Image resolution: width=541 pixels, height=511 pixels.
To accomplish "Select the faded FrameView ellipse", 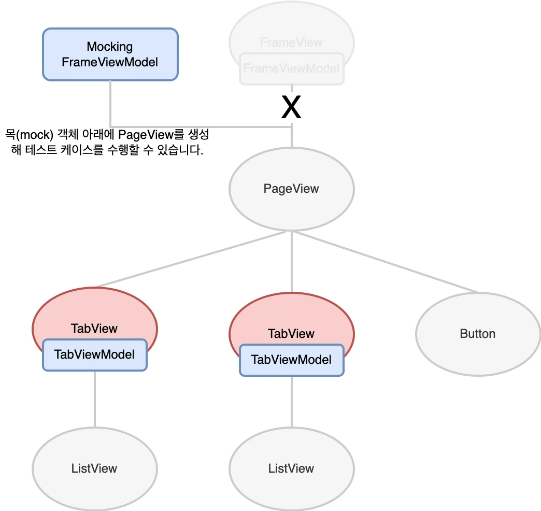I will [291, 31].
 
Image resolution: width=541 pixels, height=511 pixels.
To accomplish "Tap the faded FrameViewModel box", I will [291, 69].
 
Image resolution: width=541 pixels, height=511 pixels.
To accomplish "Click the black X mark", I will [291, 107].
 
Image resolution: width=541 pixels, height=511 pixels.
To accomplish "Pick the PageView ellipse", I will [291, 188].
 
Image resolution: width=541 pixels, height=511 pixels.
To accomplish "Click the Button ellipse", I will [478, 334].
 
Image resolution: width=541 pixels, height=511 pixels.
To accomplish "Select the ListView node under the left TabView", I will [94, 469].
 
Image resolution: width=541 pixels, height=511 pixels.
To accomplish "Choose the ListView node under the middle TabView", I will [291, 469].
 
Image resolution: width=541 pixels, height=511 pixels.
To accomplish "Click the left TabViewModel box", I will [94, 355].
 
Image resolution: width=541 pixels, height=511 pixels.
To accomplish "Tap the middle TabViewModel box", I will [291, 360].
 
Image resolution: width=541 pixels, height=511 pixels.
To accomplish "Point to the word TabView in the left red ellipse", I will [94, 329].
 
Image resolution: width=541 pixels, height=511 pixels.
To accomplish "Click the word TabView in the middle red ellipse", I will [291, 334].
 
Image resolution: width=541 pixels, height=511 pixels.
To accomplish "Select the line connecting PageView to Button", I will [383, 262].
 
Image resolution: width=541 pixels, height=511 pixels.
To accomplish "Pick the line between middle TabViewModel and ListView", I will [291, 402].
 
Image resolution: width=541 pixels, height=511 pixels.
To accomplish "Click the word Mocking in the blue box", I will [110, 47].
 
